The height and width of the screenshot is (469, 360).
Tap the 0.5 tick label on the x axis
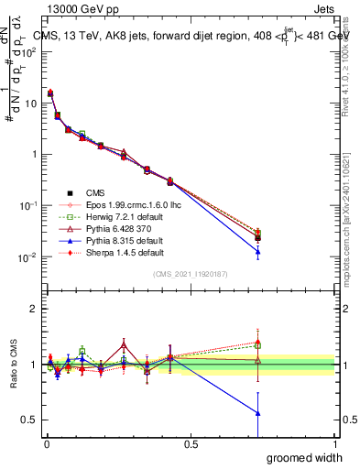[x=190, y=444]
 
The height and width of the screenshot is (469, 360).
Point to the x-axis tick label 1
[x=334, y=444]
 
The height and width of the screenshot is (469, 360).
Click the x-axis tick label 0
[x=45, y=444]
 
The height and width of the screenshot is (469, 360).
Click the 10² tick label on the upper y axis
[x=29, y=52]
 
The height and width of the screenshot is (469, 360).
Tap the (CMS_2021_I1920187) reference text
[x=191, y=274]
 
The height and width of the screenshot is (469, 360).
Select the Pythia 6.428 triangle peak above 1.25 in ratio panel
[x=124, y=344]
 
